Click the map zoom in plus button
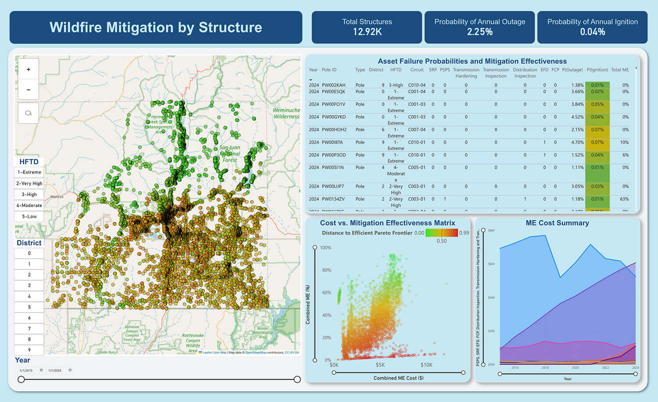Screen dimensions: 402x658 click(x=29, y=69)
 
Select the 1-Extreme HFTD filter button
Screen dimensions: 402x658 click(x=29, y=172)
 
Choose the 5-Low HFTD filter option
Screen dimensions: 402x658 click(x=29, y=216)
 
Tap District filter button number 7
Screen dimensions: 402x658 click(x=29, y=329)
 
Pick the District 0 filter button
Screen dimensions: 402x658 click(x=29, y=253)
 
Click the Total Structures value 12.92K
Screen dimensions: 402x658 click(x=367, y=32)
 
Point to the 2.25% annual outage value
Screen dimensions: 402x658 click(x=479, y=32)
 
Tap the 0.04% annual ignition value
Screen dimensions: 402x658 click(x=592, y=32)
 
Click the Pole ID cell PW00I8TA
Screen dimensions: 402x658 click(x=332, y=142)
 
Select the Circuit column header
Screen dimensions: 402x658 click(x=417, y=70)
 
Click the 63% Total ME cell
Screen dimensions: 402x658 click(x=625, y=199)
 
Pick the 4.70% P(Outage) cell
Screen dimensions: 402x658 click(x=577, y=142)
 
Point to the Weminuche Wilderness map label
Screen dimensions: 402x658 click(x=286, y=113)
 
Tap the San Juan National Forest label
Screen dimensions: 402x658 click(x=230, y=154)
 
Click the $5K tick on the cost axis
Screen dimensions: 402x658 click(x=380, y=365)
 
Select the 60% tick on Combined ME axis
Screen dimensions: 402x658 click(x=326, y=293)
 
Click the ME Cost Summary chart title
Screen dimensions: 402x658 click(x=557, y=223)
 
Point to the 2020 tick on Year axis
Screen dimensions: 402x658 click(x=575, y=368)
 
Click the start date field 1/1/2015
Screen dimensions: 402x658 click(x=26, y=370)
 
